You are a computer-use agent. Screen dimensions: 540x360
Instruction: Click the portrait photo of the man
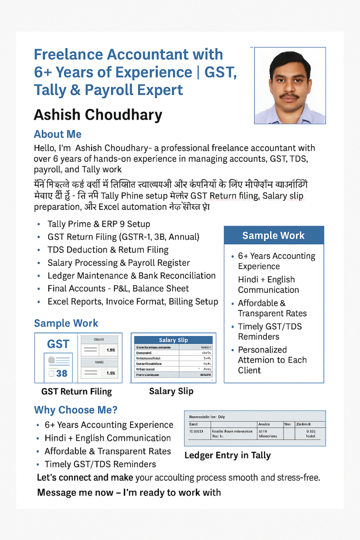[290, 85]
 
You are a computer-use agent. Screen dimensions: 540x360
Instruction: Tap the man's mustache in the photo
[289, 96]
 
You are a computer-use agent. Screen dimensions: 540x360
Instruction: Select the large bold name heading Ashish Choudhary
[98, 115]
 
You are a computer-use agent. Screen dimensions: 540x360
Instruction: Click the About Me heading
[58, 134]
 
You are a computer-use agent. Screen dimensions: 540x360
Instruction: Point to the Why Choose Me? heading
[76, 410]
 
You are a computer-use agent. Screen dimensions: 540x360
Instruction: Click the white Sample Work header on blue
[273, 235]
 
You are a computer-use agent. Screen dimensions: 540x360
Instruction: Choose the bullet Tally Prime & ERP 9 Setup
[99, 224]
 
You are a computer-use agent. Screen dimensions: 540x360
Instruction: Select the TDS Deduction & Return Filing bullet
[108, 250]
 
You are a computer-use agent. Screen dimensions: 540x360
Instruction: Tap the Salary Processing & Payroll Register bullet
[118, 263]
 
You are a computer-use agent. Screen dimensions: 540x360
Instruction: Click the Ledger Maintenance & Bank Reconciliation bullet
[131, 276]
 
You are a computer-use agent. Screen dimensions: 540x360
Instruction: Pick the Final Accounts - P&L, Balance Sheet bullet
[118, 288]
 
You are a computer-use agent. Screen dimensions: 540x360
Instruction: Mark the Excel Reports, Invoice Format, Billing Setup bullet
[133, 301]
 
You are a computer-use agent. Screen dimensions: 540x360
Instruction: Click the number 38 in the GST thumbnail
[62, 373]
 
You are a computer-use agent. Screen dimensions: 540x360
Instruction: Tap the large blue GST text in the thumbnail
[58, 344]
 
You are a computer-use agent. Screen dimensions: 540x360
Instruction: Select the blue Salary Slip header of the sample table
[173, 340]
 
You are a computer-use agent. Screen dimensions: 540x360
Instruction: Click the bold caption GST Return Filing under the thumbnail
[76, 391]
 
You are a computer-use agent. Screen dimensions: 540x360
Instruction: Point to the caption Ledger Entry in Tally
[228, 455]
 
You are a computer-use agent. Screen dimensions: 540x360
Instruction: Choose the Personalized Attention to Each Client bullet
[272, 360]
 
